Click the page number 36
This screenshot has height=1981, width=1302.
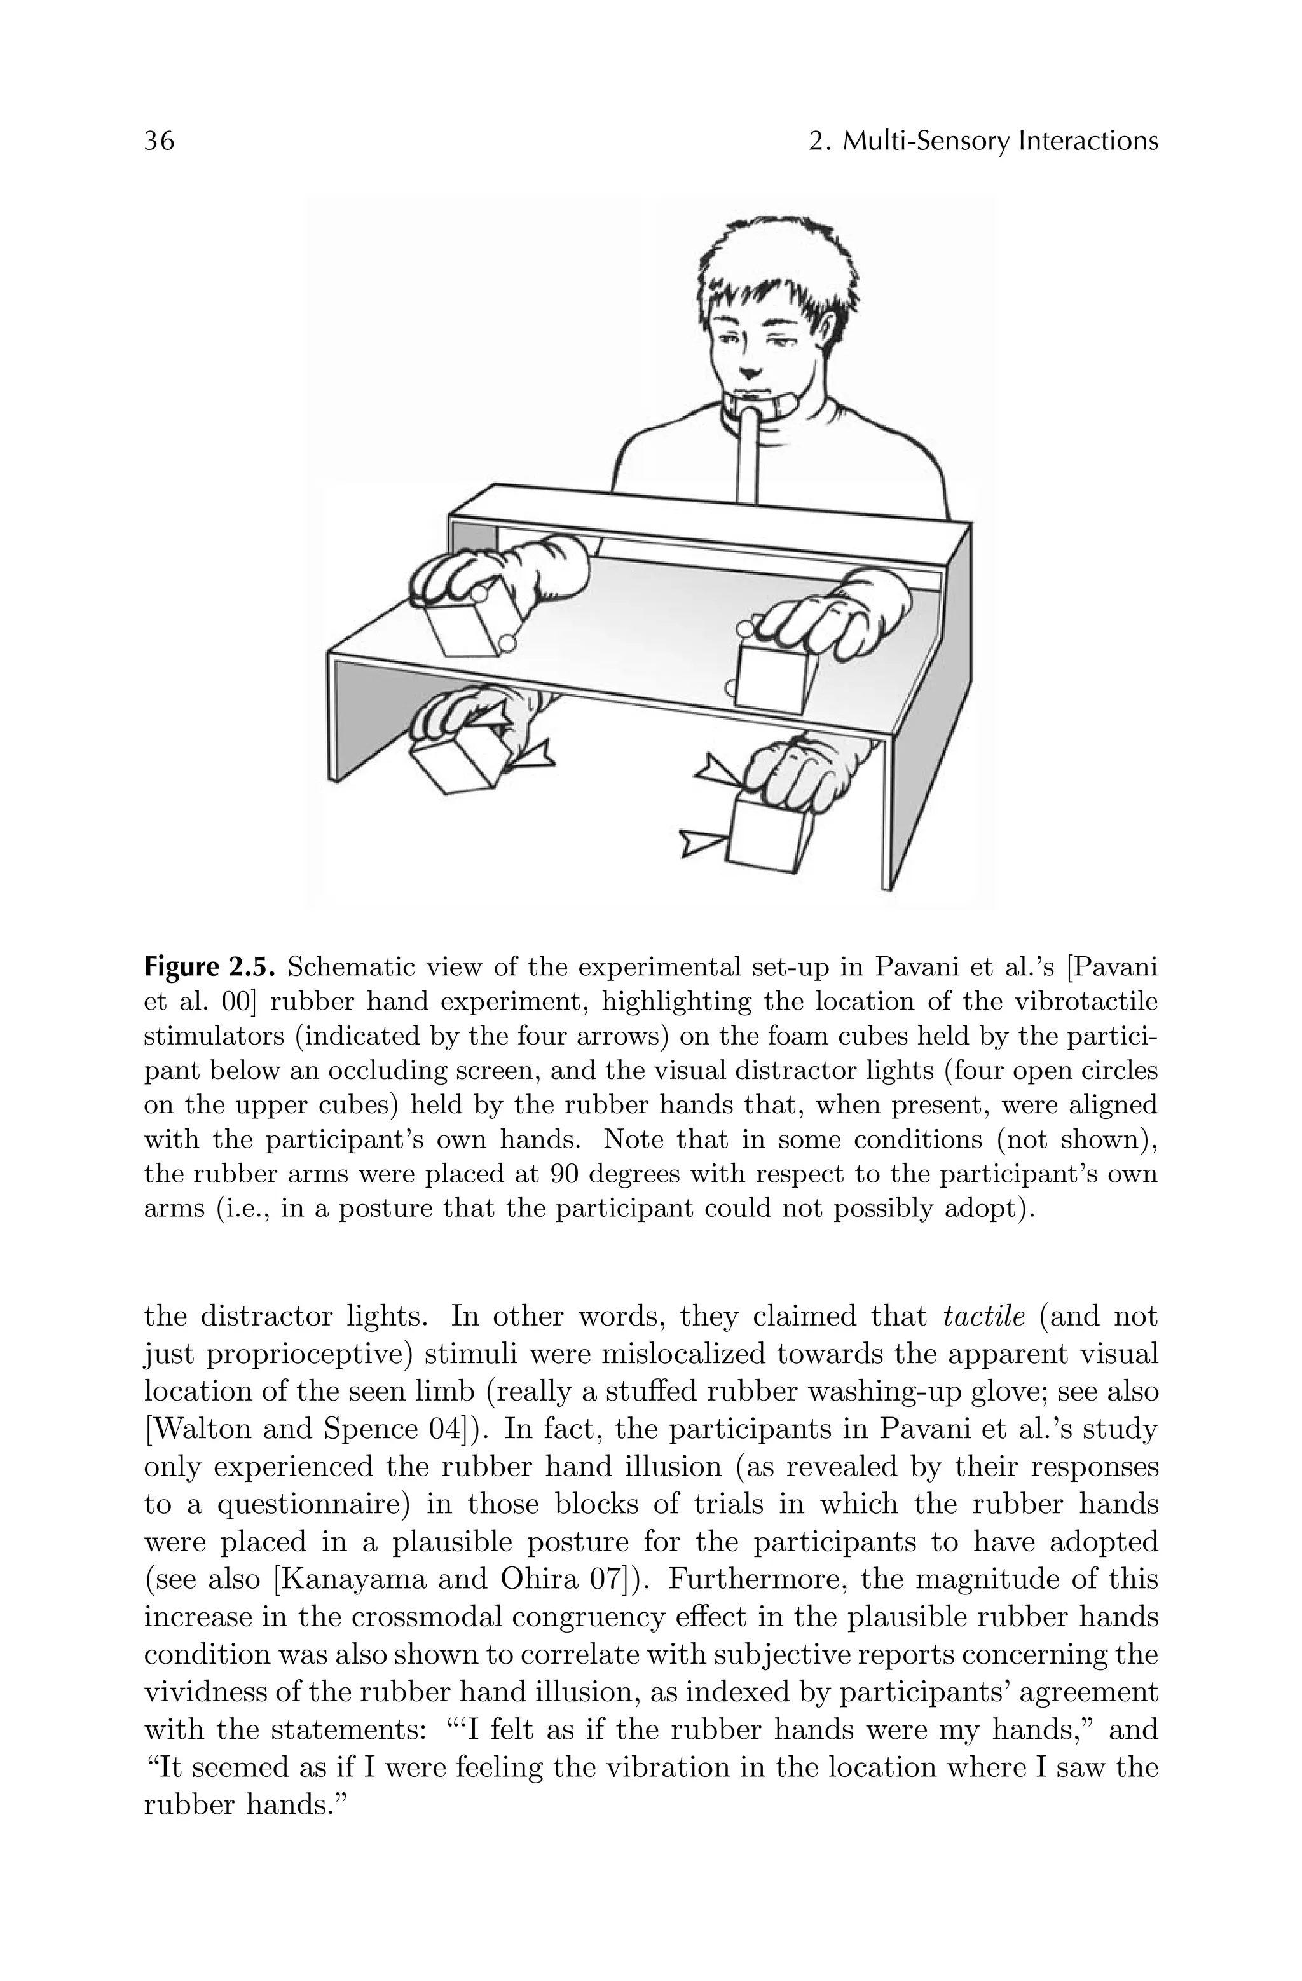(x=160, y=142)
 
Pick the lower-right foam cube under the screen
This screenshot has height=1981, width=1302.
(x=770, y=832)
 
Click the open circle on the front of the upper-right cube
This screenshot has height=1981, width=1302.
(x=732, y=687)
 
